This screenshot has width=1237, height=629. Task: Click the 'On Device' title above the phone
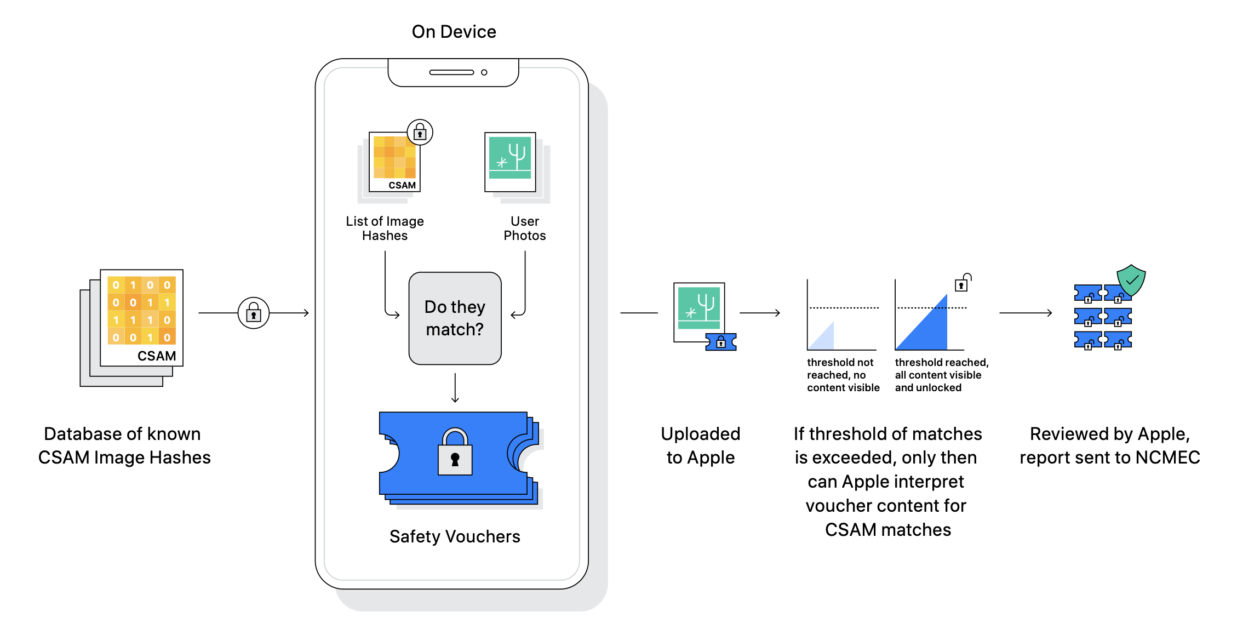(x=454, y=32)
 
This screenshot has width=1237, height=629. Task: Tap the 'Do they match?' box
(x=455, y=318)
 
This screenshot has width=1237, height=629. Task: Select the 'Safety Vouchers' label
(x=455, y=536)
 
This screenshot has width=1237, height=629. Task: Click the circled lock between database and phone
(x=254, y=313)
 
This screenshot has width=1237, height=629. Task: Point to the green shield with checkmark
(x=1131, y=281)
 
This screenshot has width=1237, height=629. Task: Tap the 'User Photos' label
(x=525, y=228)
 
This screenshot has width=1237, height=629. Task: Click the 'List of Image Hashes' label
(x=385, y=228)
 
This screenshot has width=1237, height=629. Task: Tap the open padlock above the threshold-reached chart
(x=963, y=283)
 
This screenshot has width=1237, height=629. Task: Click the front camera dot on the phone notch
(x=484, y=72)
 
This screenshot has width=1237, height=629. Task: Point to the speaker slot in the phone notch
(x=451, y=72)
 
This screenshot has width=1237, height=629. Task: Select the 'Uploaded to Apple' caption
(x=701, y=445)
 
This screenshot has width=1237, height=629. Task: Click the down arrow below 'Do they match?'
(x=455, y=388)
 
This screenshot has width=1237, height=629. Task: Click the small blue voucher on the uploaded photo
(x=721, y=342)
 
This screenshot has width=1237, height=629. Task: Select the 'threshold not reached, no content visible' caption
(x=843, y=375)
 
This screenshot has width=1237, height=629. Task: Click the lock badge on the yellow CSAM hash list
(x=420, y=132)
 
